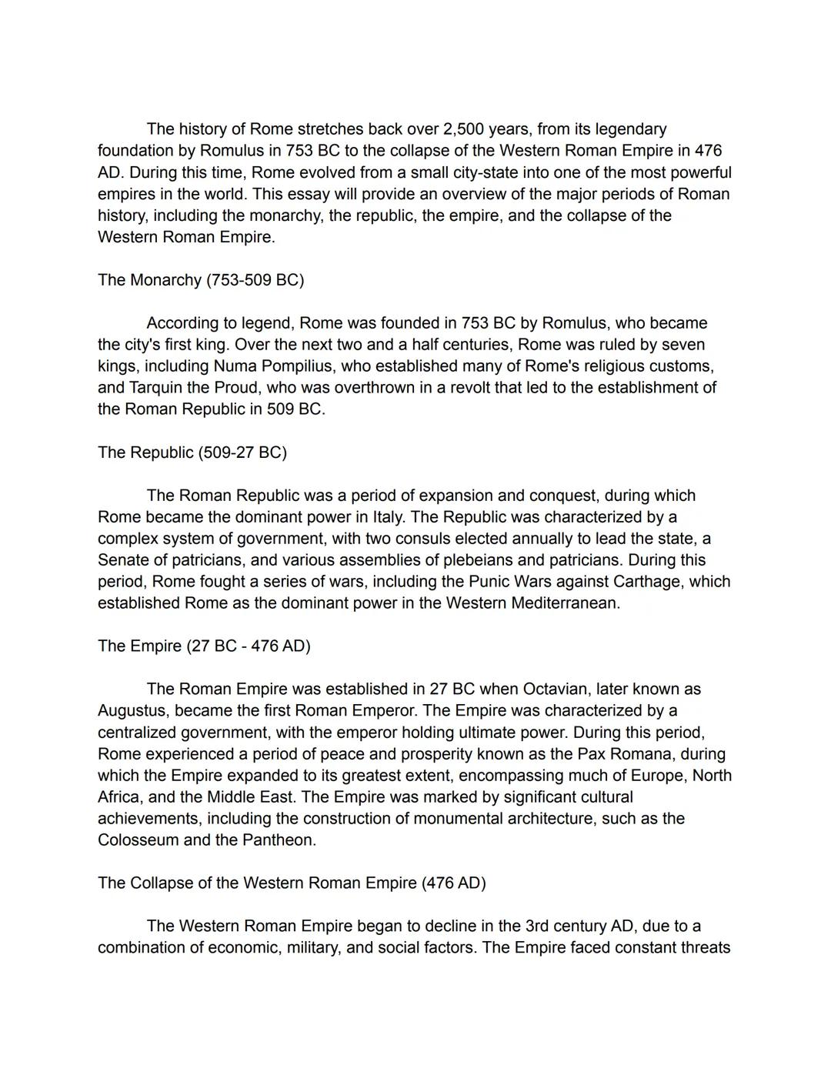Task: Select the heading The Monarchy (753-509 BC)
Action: (201, 280)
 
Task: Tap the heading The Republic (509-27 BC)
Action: (192, 452)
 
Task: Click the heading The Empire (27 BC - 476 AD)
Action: (204, 646)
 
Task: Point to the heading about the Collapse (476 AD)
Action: (292, 883)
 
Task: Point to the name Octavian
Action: (556, 689)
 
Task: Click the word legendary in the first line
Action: (630, 129)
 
